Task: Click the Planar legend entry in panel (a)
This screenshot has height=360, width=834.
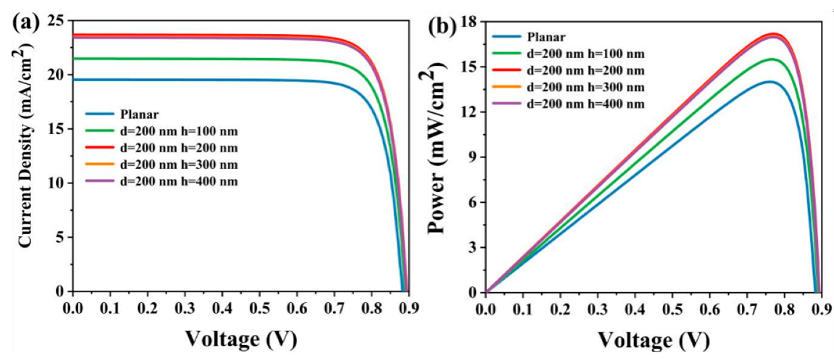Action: (x=139, y=114)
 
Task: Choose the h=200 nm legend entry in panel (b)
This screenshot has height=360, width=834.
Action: (x=585, y=71)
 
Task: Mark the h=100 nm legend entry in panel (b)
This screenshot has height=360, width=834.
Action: (x=585, y=54)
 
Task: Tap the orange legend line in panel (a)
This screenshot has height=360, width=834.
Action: (x=100, y=164)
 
